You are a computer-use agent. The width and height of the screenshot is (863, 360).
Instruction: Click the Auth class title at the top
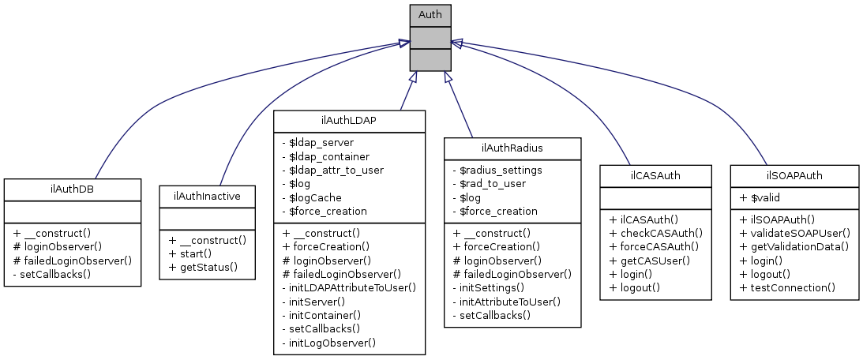430,14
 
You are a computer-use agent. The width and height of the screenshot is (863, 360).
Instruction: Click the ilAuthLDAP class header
349,120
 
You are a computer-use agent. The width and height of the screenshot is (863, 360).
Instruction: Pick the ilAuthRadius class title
512,148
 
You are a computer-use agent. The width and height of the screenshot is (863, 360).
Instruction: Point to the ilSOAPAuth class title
794,174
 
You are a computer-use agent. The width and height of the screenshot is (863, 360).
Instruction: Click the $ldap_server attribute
317,142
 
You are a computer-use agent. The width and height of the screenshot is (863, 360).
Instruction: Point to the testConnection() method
787,287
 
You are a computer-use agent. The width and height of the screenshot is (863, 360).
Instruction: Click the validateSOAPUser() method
795,233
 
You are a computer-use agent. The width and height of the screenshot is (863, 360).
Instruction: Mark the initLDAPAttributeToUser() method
348,287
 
